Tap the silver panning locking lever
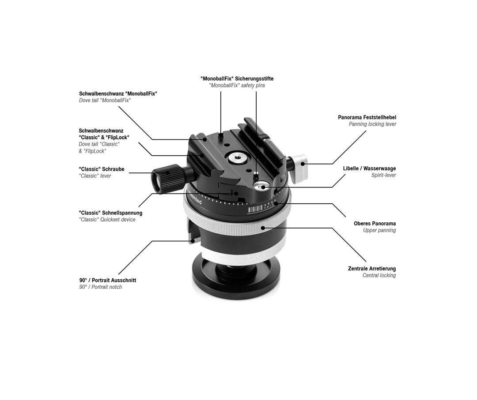(300, 167)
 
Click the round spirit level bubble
(263, 187)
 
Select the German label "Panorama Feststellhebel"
(367, 117)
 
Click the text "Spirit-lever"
(383, 175)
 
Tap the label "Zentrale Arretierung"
(371, 269)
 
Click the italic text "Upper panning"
(379, 230)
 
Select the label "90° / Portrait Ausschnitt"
(108, 280)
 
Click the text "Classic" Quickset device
(107, 220)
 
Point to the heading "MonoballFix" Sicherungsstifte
(237, 79)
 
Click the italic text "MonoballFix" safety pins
(237, 85)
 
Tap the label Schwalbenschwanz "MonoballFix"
(118, 93)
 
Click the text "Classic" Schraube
(102, 169)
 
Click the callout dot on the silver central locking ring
(263, 228)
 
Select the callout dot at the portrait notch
(193, 241)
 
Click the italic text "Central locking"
(379, 275)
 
